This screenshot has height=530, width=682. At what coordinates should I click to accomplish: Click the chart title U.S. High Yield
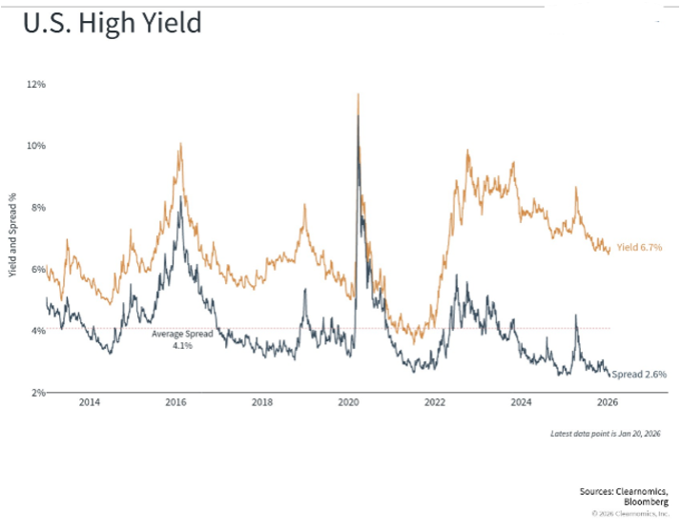click(114, 23)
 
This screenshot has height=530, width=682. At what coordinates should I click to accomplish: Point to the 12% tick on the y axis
click(37, 85)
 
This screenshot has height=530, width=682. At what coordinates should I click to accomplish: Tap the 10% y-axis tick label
click(37, 146)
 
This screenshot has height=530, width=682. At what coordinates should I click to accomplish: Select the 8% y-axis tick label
click(37, 208)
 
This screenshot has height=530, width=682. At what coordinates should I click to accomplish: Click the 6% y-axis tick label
click(37, 270)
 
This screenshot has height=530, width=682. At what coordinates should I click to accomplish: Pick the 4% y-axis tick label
click(37, 331)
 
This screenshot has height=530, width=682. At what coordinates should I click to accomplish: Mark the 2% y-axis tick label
click(37, 393)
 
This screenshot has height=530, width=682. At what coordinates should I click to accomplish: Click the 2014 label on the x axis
click(89, 403)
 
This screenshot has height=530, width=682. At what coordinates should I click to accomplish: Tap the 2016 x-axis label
click(176, 403)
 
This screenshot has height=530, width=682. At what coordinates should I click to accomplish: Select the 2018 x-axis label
click(262, 403)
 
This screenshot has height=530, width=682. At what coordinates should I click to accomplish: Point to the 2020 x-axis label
click(348, 403)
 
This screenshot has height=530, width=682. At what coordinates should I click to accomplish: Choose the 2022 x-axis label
click(435, 403)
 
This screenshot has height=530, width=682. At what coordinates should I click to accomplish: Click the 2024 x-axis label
click(522, 403)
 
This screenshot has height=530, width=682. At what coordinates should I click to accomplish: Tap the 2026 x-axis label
click(608, 403)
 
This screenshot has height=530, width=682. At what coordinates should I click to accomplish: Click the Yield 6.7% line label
click(639, 248)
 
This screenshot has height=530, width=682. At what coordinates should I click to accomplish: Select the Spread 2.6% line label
click(639, 376)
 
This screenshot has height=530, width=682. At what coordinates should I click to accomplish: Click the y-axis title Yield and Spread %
click(13, 236)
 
